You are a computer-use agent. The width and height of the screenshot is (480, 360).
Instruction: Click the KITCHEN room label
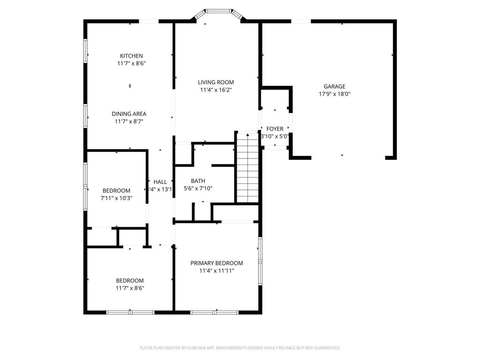(131, 56)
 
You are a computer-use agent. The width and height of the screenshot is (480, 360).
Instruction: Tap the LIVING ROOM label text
(216, 82)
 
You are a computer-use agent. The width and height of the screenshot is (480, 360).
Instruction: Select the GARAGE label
(334, 86)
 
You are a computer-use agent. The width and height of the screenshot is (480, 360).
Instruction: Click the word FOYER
(275, 129)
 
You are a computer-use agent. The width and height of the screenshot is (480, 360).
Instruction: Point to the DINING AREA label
(129, 114)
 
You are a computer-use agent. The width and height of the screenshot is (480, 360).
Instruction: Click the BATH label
(198, 181)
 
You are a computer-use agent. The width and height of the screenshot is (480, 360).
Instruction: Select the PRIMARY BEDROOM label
(217, 263)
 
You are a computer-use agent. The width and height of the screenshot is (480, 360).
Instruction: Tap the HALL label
(160, 182)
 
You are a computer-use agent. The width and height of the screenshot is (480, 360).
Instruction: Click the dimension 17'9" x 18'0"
(334, 94)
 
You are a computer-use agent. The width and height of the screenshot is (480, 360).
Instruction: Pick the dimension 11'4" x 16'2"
(216, 90)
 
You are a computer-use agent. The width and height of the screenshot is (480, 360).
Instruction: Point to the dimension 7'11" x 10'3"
(116, 198)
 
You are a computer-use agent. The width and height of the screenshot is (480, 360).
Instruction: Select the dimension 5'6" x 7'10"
(198, 188)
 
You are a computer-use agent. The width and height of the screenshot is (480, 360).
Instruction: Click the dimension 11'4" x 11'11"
(217, 270)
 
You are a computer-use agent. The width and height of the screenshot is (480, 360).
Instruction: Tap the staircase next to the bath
(247, 169)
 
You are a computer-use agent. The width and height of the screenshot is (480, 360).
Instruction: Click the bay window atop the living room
(218, 11)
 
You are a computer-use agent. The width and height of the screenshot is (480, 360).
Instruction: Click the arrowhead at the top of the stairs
(247, 135)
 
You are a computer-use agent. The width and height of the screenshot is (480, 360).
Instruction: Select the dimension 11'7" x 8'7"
(129, 121)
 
